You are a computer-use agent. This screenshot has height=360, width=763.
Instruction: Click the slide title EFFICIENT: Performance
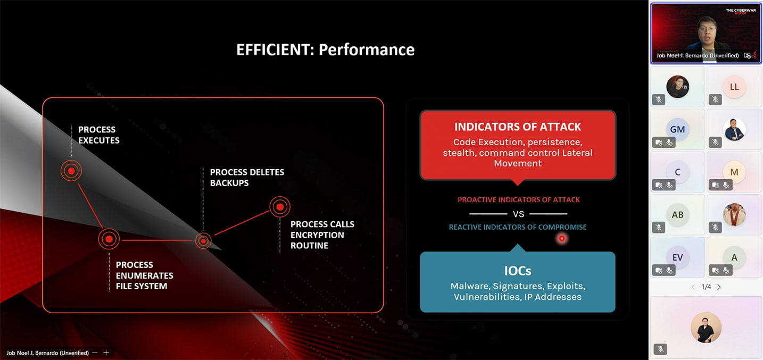coord(325,49)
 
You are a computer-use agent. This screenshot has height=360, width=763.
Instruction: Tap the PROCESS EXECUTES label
coord(99,135)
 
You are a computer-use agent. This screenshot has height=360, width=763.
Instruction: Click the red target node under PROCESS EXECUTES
coord(71,171)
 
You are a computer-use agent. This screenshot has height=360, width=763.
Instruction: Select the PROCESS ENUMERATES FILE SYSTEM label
coord(144,275)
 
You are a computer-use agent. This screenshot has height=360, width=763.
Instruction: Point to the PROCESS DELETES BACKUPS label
coord(247,177)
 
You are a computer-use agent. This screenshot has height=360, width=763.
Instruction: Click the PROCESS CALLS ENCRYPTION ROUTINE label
coord(322,235)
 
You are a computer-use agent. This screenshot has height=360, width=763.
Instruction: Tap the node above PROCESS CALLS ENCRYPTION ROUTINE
coord(280,206)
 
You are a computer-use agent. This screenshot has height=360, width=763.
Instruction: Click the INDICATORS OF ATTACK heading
coord(517,127)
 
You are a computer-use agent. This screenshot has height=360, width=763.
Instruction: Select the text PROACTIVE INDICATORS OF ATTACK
coord(518,200)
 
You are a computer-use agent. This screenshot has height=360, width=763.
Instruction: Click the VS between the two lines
coord(518,214)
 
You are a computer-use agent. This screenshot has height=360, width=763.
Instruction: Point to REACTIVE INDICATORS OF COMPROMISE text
coord(517,227)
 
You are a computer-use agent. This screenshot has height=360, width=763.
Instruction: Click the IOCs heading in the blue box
coord(517,271)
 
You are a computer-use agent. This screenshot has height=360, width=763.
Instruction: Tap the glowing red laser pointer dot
coord(562,239)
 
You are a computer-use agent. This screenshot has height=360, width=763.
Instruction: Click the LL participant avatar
coord(734,87)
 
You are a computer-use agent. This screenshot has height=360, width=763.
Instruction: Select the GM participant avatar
coord(677,129)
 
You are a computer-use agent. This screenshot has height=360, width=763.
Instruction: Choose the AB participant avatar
coord(677,215)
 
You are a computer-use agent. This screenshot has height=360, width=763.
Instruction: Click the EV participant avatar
coord(677,257)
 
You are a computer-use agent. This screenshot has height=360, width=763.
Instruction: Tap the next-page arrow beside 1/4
coord(719,287)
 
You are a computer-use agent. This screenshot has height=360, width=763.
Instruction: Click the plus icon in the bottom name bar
coord(106,353)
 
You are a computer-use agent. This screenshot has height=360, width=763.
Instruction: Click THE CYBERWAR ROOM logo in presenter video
coord(741,11)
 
